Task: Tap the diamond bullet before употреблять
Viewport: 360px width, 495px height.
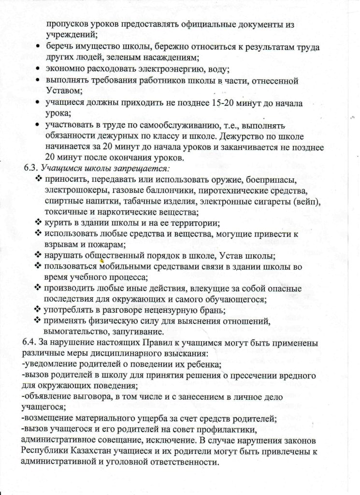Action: (38, 309)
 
